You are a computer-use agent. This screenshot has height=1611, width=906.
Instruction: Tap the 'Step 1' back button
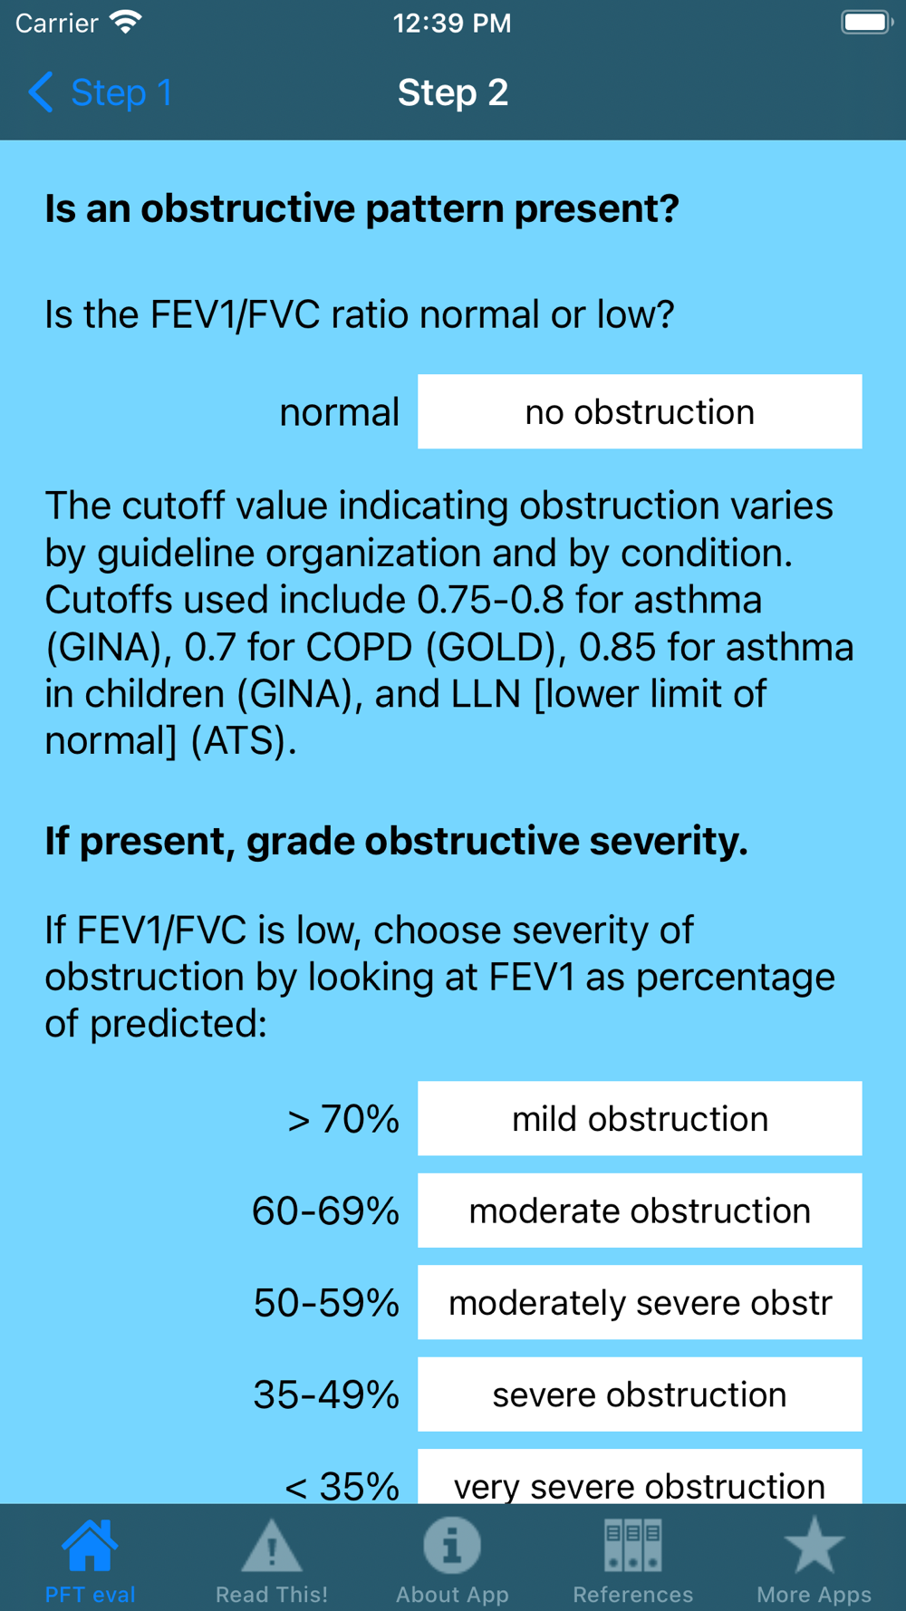tap(100, 92)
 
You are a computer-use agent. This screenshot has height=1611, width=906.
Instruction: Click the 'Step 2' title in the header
tap(453, 92)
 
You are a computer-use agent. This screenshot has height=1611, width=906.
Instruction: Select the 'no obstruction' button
tap(640, 412)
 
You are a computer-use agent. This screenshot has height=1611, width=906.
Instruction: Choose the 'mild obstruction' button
tap(640, 1119)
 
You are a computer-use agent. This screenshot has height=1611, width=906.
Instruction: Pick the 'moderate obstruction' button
tap(640, 1211)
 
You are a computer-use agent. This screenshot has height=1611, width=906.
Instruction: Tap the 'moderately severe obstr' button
tap(640, 1303)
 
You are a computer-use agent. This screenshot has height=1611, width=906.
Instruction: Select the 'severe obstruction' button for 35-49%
tap(640, 1394)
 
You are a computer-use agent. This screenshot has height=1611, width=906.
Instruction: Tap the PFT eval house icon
tap(91, 1547)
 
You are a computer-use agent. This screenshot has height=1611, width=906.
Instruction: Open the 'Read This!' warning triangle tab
tap(272, 1547)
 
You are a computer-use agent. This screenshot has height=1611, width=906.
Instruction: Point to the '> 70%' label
tap(343, 1120)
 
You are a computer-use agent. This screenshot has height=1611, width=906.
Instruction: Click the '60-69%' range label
tap(326, 1211)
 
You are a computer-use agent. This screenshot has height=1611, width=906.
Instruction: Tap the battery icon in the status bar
tap(866, 23)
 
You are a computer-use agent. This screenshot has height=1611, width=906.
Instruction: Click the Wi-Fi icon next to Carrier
tap(126, 23)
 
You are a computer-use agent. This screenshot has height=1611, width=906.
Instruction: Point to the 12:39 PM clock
tap(452, 23)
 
